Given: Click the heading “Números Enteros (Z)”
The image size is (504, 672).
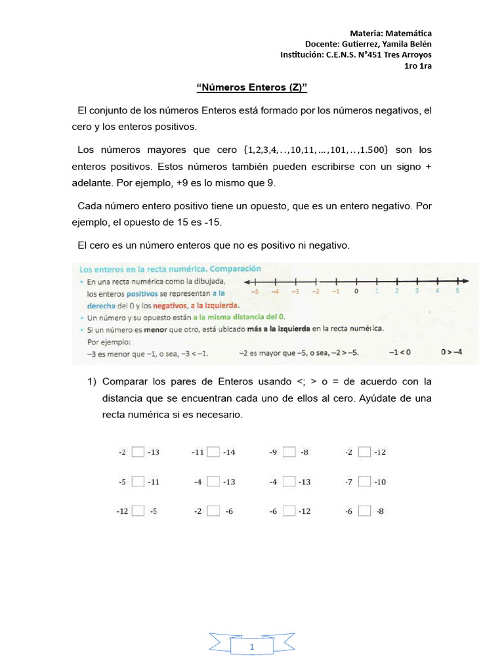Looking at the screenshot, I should tap(252, 87).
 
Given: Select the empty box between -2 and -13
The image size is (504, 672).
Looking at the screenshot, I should tap(138, 451).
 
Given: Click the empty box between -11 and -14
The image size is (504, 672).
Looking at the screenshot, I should tap(213, 451).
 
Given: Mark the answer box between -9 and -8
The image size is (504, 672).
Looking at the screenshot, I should tap(289, 451).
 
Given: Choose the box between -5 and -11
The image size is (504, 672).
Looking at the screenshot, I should tap(138, 482).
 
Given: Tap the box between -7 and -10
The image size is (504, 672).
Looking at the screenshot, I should tap(365, 482).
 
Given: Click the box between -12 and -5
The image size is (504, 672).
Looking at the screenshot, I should tap(138, 511).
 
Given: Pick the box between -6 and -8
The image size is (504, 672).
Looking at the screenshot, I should tap(365, 511).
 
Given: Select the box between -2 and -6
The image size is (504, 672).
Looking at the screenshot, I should tap(213, 511).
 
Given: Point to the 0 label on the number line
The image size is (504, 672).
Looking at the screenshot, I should tap(356, 292).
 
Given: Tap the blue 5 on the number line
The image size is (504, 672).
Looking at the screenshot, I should tap(457, 291).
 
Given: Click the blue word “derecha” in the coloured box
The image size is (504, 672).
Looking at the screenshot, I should tap(101, 305).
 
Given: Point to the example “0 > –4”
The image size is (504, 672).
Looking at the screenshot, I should tap(451, 352).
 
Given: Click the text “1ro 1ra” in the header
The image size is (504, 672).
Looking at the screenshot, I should tap(417, 65).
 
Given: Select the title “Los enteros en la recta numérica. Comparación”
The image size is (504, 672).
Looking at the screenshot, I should tap(170, 269).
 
